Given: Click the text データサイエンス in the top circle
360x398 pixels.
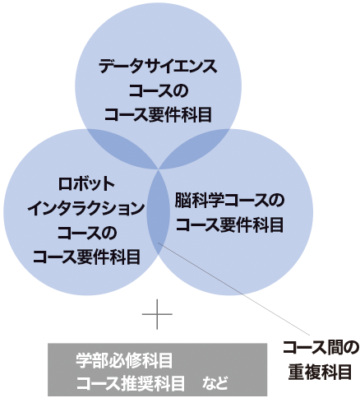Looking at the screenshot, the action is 158,67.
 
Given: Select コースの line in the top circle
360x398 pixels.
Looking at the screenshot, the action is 159,90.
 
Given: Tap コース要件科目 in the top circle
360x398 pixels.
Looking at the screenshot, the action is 159,114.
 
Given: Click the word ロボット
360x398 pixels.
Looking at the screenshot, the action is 86,184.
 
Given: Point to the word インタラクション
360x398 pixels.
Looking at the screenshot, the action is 86,209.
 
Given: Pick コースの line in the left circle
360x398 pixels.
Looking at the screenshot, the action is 86,233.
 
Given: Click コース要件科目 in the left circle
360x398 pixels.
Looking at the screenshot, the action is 86,257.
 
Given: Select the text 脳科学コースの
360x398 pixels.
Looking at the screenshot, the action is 229,201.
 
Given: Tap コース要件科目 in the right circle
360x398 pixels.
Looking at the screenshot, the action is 229,224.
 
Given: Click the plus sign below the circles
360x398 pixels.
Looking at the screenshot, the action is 157,314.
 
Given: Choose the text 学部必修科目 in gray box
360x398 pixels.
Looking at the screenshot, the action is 124,361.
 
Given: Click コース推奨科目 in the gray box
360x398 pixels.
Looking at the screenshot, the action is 131,383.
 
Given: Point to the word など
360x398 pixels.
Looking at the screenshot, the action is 215,383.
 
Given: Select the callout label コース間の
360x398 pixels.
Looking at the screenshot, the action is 320,348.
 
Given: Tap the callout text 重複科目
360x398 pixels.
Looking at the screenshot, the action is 320,372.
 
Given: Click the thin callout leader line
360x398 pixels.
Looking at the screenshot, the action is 234,289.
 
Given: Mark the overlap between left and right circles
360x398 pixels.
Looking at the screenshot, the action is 159,212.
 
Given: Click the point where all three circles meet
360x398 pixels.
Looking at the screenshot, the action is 159,169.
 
